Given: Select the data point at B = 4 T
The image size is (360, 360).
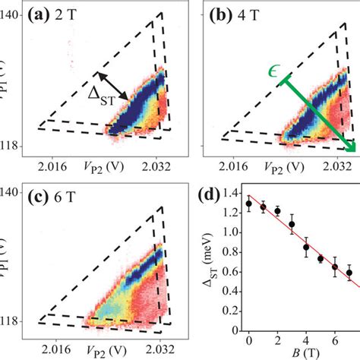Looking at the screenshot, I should (x=306, y=247).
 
